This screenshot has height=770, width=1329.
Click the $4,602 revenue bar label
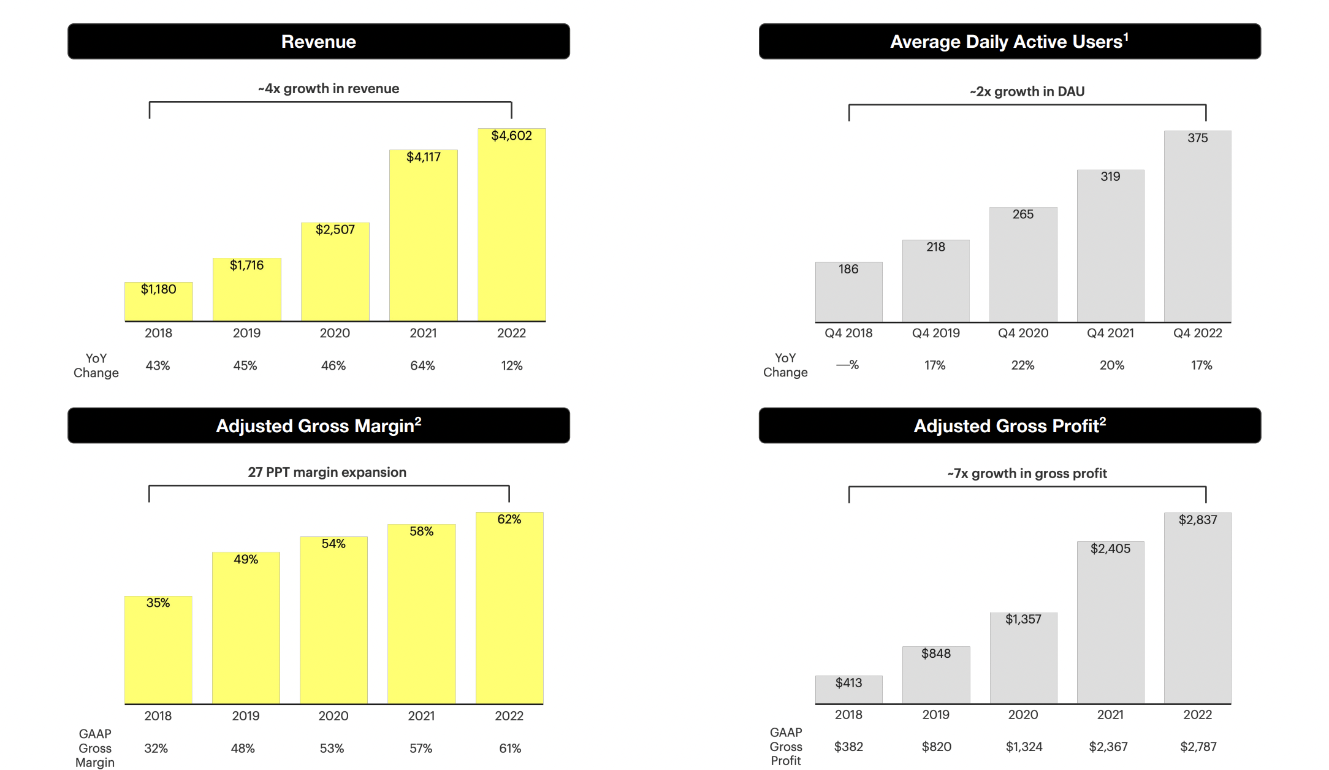(x=511, y=135)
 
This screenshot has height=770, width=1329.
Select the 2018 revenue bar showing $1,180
(x=158, y=302)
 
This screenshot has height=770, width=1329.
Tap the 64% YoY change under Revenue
(x=422, y=366)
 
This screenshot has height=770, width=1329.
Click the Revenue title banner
(x=318, y=42)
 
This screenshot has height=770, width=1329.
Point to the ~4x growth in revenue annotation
(x=329, y=89)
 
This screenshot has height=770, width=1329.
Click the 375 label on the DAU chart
(x=1197, y=139)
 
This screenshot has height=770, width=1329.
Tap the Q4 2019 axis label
(x=935, y=333)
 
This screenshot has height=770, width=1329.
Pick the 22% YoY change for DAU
(x=1022, y=365)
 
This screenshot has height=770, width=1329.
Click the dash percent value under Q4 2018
(x=848, y=365)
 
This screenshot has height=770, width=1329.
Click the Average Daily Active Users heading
(x=1009, y=42)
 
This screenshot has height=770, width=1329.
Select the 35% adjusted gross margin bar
(x=158, y=650)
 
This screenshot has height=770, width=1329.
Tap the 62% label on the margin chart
(x=509, y=519)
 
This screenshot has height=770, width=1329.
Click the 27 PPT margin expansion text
(x=327, y=473)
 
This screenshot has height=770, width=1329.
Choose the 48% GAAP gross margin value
(x=243, y=749)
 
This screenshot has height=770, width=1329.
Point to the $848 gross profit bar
(x=935, y=674)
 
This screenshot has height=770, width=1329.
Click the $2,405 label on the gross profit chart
(x=1110, y=549)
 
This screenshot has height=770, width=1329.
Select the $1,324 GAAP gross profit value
(x=1024, y=747)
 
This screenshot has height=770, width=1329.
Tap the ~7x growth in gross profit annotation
(x=1027, y=474)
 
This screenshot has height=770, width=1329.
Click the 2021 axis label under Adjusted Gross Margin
(x=421, y=716)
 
